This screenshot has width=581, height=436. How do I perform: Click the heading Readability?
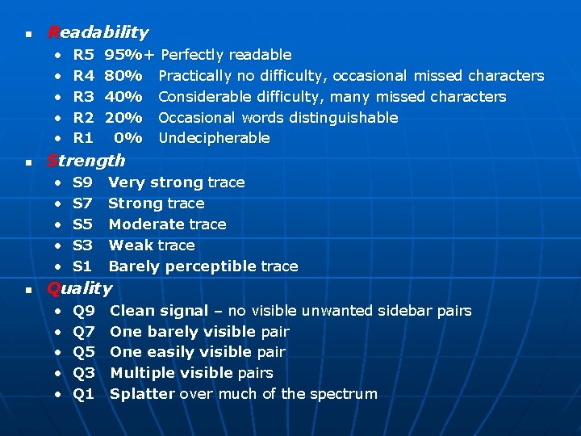pos(98,32)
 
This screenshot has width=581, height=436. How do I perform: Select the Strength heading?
pos(86,160)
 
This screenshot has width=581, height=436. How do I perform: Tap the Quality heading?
pos(80,287)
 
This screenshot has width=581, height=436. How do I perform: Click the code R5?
pos(84,55)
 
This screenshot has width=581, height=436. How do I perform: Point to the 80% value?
pos(124,76)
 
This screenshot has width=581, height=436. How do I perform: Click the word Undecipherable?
pos(214,138)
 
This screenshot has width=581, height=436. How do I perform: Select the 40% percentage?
pos(124,97)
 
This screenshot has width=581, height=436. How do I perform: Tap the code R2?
pos(84,118)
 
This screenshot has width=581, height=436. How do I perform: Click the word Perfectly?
pos(192,55)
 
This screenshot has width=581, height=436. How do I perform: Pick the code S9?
pos(83,182)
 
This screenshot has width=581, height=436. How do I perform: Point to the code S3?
pos(83,245)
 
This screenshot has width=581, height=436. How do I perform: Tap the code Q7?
pos(84,332)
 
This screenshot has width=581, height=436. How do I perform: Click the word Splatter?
pos(142,394)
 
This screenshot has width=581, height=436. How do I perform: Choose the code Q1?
pos(84,394)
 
